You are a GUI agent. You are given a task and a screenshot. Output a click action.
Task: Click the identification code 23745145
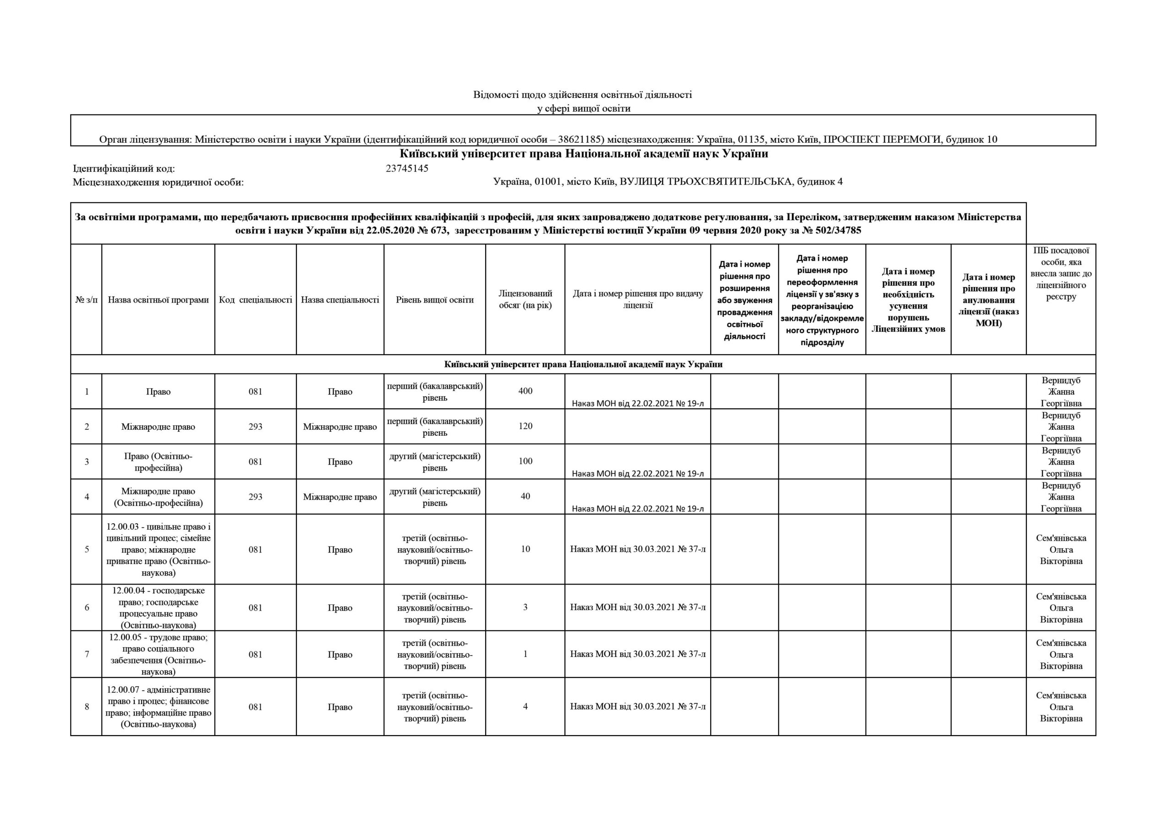407,168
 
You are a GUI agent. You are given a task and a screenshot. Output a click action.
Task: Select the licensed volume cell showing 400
525,391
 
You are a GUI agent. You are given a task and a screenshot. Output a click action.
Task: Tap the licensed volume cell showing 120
525,426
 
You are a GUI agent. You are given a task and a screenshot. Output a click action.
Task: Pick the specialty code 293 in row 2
255,427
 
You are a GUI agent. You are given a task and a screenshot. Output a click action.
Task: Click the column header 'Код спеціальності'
255,300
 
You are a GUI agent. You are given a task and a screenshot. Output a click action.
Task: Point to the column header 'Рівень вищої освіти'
435,300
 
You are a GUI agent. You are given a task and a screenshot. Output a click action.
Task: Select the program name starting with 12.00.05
159,655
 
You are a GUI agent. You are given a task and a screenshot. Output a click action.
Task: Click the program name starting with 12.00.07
159,707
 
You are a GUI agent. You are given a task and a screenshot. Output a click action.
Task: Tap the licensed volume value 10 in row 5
525,549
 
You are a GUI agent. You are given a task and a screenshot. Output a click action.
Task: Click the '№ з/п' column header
86,300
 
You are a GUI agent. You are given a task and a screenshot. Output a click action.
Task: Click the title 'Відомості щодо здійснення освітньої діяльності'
582,95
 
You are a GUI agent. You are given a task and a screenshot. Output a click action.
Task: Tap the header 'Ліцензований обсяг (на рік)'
525,300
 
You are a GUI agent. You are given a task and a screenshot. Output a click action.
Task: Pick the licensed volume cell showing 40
525,496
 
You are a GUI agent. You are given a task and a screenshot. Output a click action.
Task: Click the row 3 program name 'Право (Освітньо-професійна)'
159,462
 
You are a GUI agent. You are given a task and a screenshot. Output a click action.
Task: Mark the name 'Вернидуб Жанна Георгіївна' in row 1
1061,391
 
